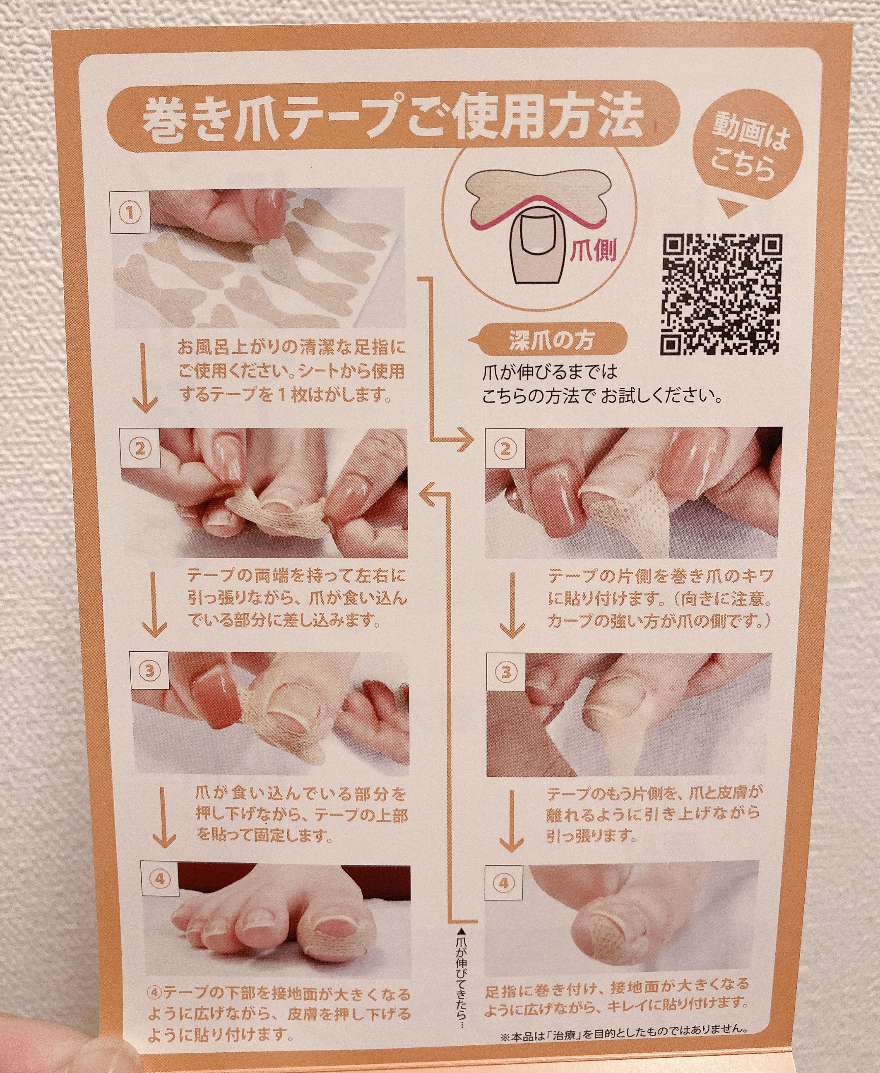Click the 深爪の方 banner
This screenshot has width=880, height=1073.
pyautogui.click(x=551, y=340)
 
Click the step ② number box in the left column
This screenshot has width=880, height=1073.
pyautogui.click(x=140, y=448)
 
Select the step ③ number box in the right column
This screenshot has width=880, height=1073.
pyautogui.click(x=506, y=672)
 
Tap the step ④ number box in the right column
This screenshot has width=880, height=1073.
pyautogui.click(x=503, y=882)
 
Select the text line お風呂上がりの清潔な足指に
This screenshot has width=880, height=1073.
pyautogui.click(x=291, y=347)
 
